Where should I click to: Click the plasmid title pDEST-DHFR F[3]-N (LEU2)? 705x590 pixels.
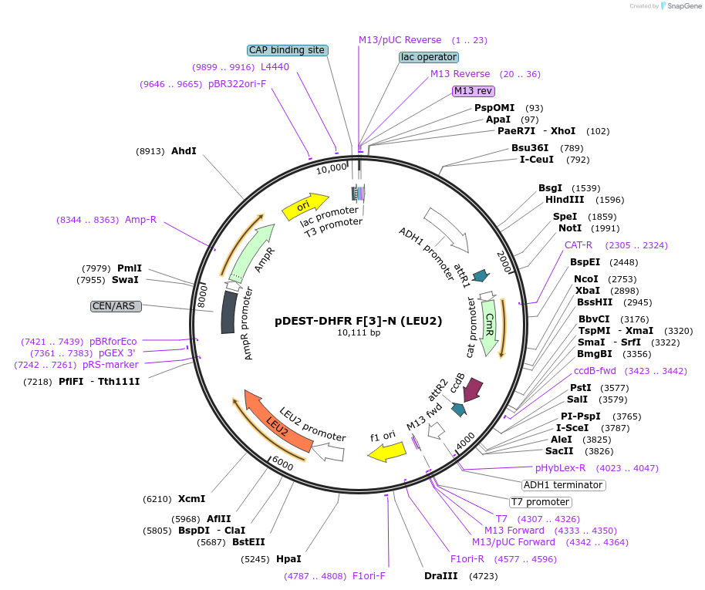[x=359, y=321]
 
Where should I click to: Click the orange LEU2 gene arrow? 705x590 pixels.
[x=278, y=422]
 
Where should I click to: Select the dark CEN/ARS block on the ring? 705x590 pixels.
[x=228, y=312]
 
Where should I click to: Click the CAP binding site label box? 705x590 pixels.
[x=288, y=50]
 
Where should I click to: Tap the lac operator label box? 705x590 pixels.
[x=429, y=57]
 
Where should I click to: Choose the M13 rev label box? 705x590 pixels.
[x=473, y=91]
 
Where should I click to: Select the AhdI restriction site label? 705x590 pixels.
[x=184, y=151]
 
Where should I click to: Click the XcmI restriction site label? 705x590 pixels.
[x=191, y=499]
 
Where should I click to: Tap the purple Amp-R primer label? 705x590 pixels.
[x=140, y=220]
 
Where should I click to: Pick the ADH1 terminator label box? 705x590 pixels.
[x=563, y=485]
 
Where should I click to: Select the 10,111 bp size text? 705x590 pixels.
[x=359, y=333]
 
